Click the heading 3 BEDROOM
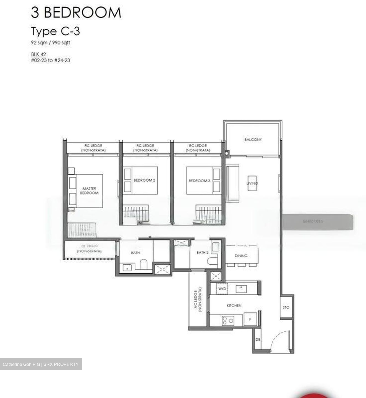tap(76, 13)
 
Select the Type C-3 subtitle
tap(55, 31)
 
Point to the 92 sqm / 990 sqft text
tap(50, 43)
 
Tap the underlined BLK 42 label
tap(38, 54)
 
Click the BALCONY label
tap(253, 140)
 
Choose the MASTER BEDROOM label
tap(89, 191)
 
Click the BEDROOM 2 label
tap(144, 180)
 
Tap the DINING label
tap(241, 256)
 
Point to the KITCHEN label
tap(234, 305)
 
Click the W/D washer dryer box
tap(222, 289)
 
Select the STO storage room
tap(286, 307)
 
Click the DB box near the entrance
tap(257, 339)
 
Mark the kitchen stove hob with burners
tap(228, 321)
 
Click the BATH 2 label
tap(202, 252)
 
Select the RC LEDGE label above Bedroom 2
tap(145, 148)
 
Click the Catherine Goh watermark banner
tap(41, 364)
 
